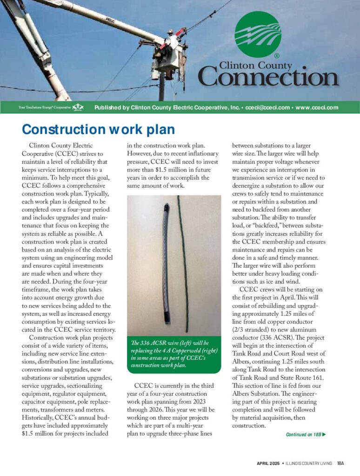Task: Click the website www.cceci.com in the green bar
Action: coord(317,108)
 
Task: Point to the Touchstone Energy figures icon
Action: coord(78,108)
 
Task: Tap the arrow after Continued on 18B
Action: coord(324,435)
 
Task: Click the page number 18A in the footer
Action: coord(340,463)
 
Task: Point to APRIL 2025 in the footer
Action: coord(267,463)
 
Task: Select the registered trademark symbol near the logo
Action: coord(277,56)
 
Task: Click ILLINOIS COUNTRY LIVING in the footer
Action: coord(309,463)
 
